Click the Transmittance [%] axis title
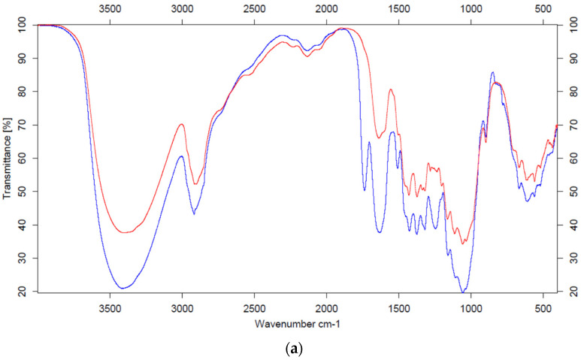click(8, 158)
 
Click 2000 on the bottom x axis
click(326, 307)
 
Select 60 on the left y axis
click(23, 158)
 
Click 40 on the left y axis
click(23, 225)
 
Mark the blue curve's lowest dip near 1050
click(464, 291)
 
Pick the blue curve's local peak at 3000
click(181, 156)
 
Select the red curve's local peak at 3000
click(182, 125)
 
